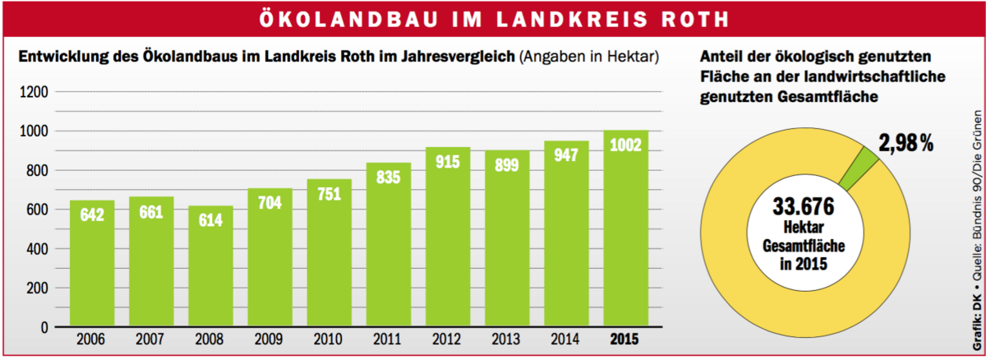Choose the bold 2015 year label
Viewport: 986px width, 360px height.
[627, 339]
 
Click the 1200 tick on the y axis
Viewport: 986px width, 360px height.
[34, 91]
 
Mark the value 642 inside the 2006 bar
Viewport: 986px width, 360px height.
[91, 215]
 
